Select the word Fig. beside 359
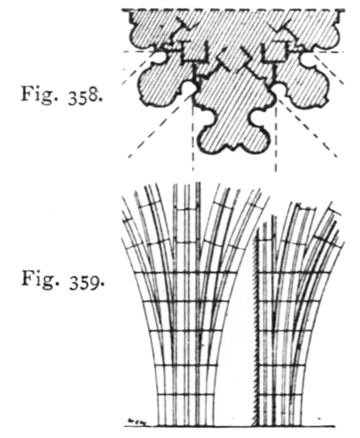40,280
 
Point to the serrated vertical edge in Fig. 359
255,330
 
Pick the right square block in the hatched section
274,51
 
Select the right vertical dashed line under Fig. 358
276,138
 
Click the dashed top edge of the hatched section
233,10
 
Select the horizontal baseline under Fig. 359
229,426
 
